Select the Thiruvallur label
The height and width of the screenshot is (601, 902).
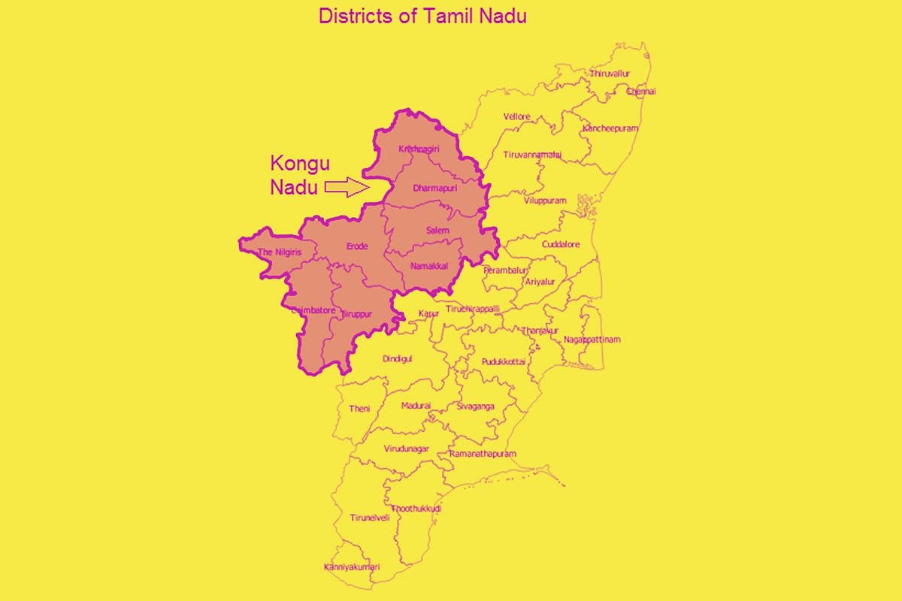point(610,74)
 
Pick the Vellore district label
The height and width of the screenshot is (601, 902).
point(516,117)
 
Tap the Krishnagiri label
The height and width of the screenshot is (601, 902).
point(418,148)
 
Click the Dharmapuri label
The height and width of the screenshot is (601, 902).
point(435,188)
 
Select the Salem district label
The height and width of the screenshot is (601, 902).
point(437,230)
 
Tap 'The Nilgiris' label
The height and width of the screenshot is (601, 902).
point(279,252)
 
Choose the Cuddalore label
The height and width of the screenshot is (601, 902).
point(562,245)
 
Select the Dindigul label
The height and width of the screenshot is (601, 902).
point(398,359)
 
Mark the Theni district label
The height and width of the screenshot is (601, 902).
point(359,409)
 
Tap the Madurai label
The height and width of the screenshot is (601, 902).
point(416,405)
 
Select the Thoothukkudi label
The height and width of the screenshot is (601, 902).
point(416,509)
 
